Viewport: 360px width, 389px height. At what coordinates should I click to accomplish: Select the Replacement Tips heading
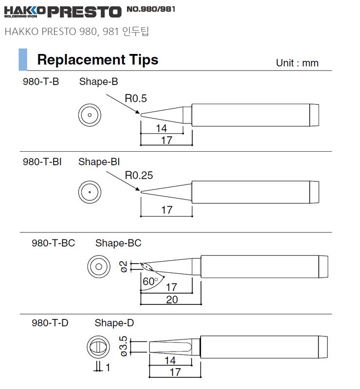98,60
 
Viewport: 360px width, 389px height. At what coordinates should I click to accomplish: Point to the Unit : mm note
297,63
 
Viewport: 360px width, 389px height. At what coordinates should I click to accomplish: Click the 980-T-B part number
41,82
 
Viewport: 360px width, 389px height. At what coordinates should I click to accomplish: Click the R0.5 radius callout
136,99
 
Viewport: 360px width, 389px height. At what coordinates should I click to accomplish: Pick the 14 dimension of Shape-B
162,128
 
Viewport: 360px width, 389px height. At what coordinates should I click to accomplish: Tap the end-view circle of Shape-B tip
90,115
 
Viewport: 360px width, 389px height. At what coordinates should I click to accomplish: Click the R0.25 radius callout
139,176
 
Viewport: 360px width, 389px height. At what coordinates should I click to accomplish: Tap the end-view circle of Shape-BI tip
90,192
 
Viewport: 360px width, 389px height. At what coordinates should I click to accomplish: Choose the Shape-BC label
118,243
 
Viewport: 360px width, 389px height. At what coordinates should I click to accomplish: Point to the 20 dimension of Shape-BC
172,300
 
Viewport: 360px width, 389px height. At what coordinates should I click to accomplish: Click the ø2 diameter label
124,266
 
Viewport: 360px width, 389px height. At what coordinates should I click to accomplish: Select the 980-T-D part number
50,323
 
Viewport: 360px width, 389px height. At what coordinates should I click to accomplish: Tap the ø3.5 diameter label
124,347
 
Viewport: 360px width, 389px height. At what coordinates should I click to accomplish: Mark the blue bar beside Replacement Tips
22,60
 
